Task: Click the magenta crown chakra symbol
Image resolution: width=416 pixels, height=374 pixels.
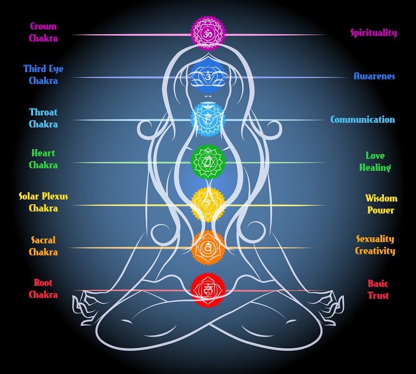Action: [x=208, y=33]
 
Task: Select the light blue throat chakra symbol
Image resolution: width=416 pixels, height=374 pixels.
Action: [x=208, y=120]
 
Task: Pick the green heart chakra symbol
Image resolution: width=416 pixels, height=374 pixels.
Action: [x=208, y=162]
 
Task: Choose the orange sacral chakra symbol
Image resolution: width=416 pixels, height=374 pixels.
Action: [x=208, y=247]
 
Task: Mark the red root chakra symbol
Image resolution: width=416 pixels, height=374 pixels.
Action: [x=208, y=290]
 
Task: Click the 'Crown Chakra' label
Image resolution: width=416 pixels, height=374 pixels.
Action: [x=43, y=32]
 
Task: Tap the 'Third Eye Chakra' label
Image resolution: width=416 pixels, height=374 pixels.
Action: [x=43, y=75]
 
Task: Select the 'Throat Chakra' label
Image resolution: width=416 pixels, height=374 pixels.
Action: [x=43, y=118]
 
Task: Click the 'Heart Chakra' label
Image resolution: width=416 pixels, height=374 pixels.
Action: [x=43, y=159]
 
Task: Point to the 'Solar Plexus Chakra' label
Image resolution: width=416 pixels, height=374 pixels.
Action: [x=43, y=202]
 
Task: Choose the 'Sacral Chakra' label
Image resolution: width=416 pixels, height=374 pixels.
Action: [x=43, y=246]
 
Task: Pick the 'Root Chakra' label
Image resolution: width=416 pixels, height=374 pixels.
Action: [x=43, y=289]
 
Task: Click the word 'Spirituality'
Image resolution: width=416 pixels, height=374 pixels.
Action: [x=373, y=33]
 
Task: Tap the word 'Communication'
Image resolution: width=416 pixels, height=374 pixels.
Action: [x=362, y=120]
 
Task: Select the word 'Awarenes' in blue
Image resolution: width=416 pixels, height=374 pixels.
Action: [x=374, y=76]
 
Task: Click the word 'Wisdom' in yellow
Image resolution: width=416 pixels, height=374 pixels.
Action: [x=381, y=199]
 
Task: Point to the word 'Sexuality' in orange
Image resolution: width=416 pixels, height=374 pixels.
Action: [x=375, y=239]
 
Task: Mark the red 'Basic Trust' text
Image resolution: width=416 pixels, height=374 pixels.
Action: [x=378, y=290]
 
